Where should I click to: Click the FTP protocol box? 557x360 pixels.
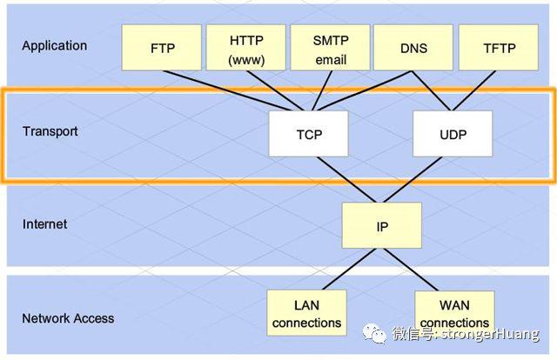(162, 48)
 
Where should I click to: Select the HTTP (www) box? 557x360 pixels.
(245, 48)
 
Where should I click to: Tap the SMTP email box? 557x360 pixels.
(330, 48)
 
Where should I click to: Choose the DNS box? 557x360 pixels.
(413, 48)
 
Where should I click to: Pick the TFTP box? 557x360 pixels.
(499, 48)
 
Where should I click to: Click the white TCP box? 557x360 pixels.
(309, 134)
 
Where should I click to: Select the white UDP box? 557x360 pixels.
(453, 134)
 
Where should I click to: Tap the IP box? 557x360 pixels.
(382, 225)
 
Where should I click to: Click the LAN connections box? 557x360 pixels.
(306, 313)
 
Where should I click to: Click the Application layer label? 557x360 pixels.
(54, 46)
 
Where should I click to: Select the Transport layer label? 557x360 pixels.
(50, 131)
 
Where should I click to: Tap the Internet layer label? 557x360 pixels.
(44, 224)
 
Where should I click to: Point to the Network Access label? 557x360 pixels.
(68, 318)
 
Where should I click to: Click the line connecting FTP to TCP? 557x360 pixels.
(227, 91)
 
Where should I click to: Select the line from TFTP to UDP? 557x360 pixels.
(473, 90)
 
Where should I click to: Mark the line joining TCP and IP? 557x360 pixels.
(346, 180)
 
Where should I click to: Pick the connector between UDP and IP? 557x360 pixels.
(413, 180)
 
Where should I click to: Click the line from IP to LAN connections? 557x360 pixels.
(349, 269)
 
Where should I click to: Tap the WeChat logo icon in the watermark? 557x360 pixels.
(374, 333)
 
